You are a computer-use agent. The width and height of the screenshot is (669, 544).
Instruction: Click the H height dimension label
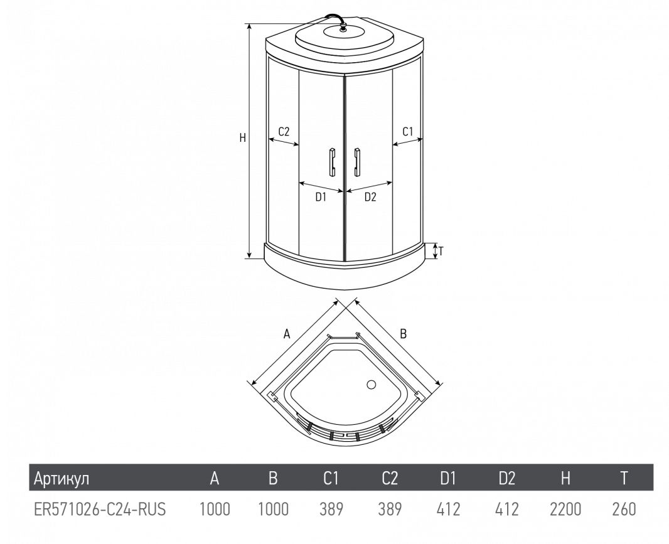(243, 137)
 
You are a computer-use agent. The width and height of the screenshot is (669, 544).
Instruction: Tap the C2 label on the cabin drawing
(284, 131)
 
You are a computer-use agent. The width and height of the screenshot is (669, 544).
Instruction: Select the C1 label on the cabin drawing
(408, 131)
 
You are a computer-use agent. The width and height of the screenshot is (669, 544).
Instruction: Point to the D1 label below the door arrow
(321, 197)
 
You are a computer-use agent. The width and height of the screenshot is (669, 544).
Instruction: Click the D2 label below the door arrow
(370, 197)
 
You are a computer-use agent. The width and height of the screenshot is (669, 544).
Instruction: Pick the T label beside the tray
(441, 251)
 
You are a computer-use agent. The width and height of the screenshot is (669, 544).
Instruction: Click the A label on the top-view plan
(287, 334)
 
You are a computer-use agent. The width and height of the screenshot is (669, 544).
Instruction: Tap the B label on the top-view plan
(403, 334)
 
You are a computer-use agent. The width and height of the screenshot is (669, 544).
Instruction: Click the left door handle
(332, 162)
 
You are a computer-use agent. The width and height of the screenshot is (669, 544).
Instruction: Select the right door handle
(356, 162)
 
